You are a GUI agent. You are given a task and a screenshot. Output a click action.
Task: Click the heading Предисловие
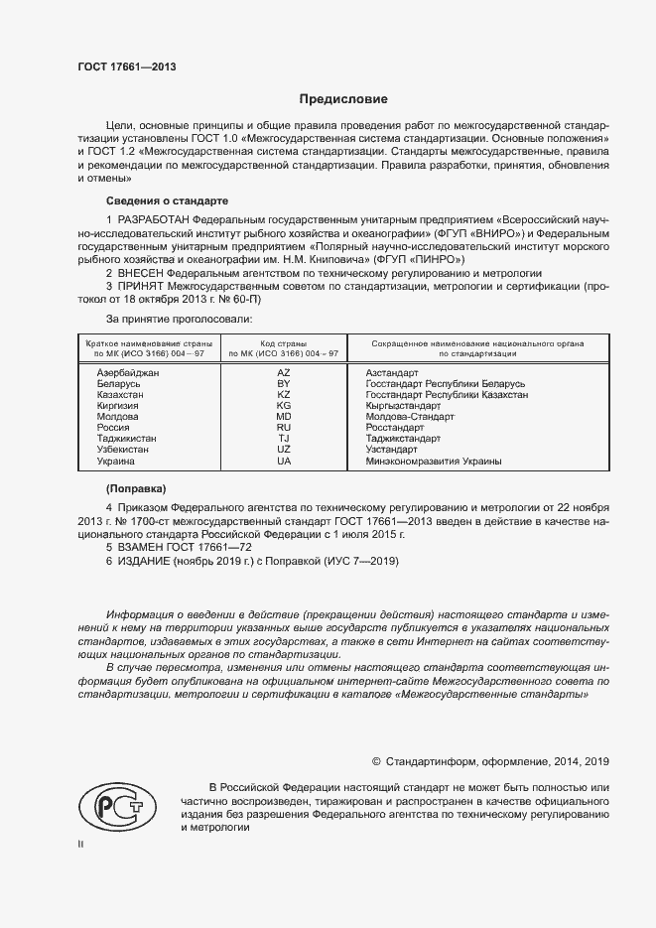344,99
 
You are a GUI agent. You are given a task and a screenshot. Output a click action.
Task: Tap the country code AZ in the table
283,371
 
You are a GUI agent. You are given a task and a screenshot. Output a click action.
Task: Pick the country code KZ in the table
283,394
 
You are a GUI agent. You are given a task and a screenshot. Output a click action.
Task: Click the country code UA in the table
283,462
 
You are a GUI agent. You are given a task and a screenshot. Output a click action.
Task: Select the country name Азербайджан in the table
128,371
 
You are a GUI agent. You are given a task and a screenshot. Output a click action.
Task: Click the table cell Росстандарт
396,428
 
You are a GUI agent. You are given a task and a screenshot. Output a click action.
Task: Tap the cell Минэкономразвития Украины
433,462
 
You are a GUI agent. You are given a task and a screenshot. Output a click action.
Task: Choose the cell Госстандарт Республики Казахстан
447,394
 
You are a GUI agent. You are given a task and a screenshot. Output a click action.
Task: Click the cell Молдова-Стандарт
409,417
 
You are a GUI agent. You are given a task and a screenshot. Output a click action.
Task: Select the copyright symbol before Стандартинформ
376,761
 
